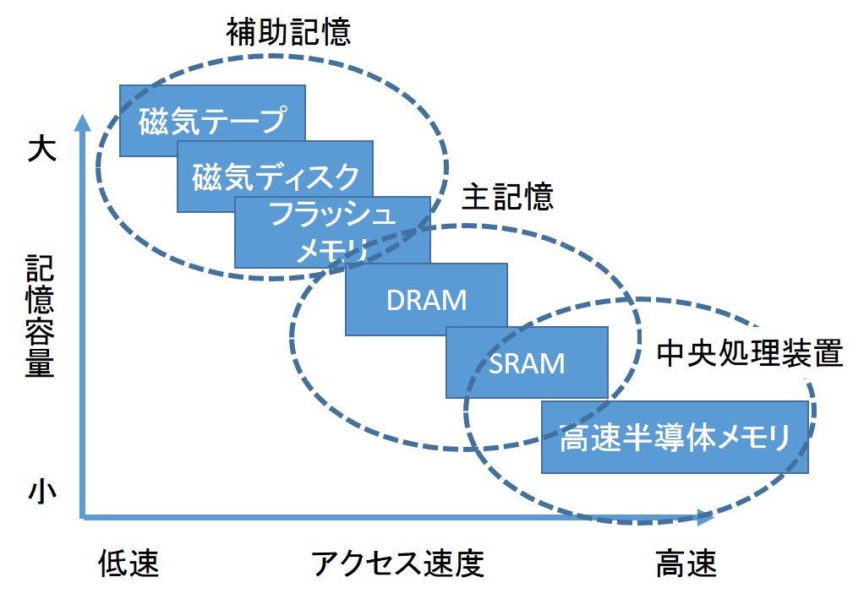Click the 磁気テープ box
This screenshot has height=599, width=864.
[211, 119]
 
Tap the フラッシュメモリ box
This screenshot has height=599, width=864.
[331, 231]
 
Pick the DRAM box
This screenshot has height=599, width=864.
[426, 299]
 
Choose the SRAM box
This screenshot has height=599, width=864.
[527, 362]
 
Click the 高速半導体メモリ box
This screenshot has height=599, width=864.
[674, 437]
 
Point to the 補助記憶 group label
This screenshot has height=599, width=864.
[287, 32]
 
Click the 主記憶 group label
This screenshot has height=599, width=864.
[507, 197]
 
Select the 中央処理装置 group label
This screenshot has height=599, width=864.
[749, 354]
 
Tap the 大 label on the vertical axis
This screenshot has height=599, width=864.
[41, 150]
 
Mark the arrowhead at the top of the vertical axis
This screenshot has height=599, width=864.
[82, 123]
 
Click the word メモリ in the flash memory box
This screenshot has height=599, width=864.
[331, 250]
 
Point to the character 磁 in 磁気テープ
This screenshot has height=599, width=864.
[154, 119]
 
